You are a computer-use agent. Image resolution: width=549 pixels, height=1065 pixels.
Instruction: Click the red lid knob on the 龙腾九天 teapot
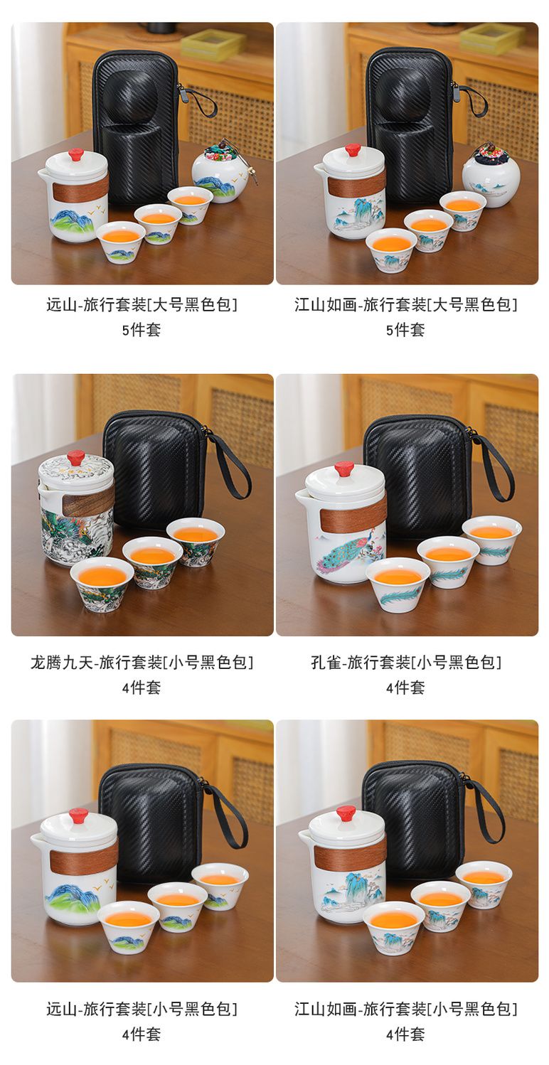point(76,457)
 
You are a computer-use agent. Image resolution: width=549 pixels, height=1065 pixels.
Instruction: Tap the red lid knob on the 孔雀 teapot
point(343,470)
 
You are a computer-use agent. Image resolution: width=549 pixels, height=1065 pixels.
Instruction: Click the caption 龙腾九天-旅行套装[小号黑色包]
point(142,662)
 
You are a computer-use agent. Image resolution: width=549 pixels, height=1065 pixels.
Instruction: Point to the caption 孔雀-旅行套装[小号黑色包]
point(406,662)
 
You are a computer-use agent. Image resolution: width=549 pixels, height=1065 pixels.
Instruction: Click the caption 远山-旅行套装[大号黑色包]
point(142,304)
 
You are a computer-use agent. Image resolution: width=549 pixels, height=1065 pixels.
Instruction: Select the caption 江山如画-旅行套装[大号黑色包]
point(406,304)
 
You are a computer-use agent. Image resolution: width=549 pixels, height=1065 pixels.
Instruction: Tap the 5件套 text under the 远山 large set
point(142,329)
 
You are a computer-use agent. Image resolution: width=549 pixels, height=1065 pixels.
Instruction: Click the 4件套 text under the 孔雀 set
point(406,687)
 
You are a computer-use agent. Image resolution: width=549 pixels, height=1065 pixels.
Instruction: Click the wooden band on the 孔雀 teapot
point(352,520)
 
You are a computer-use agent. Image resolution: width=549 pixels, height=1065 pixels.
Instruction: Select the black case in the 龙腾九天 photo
point(155,470)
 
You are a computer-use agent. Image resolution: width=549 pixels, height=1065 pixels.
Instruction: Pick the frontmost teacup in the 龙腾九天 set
point(102,583)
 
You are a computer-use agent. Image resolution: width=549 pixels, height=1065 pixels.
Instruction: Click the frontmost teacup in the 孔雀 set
point(398,585)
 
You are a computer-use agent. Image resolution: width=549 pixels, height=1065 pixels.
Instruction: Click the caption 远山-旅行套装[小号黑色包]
point(142,1008)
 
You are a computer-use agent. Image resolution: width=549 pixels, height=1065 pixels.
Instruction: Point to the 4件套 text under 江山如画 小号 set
point(406,1034)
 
